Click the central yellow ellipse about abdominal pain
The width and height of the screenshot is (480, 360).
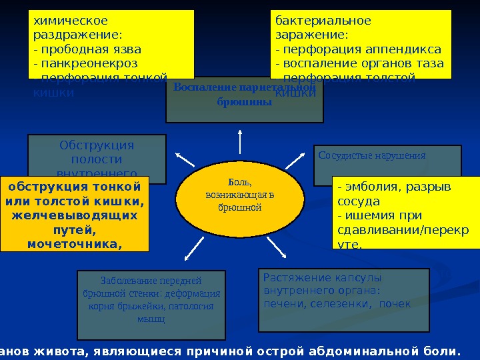239,195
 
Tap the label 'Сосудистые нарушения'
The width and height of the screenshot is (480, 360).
372,155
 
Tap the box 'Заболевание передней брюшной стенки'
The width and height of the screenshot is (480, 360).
151,299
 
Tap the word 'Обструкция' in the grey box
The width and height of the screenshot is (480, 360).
97,145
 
